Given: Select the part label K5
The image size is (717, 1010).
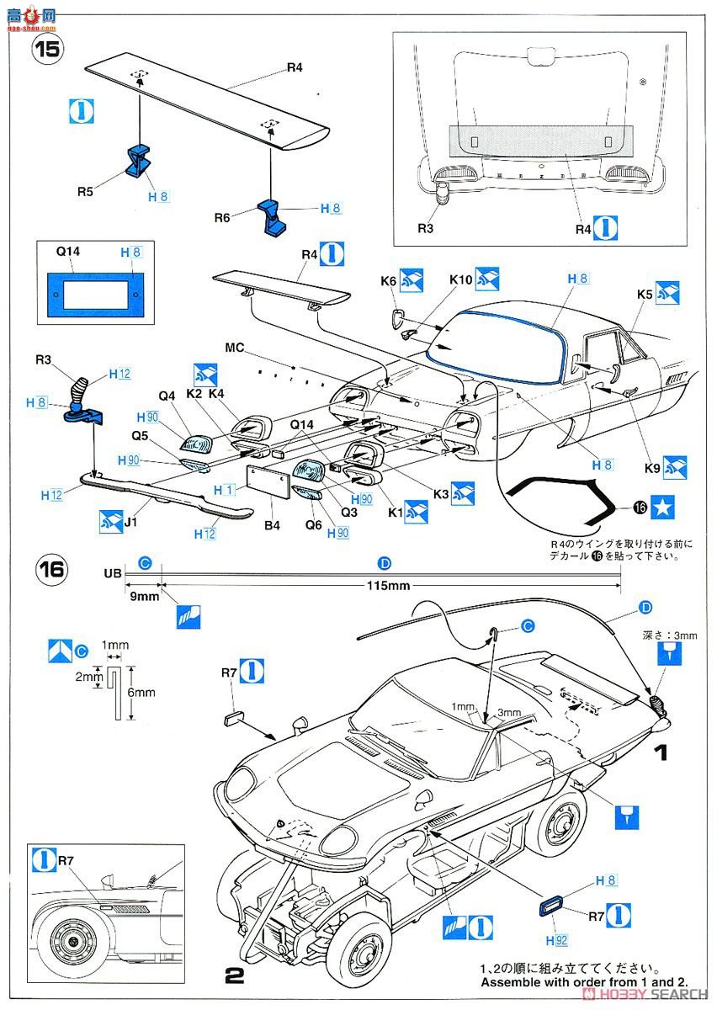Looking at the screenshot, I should pos(645,294).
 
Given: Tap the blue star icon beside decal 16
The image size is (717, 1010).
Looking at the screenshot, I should pos(664,507).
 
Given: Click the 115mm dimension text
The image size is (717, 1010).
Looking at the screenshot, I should pos(387,586).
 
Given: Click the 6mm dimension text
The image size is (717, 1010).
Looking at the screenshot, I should pos(145,693).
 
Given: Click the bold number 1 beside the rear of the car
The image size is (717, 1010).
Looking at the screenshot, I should pos(663,752).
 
